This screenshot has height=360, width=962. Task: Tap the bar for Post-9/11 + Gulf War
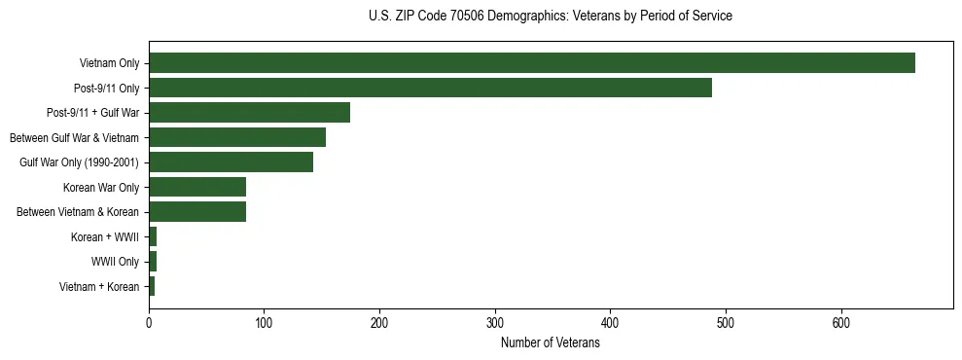[249, 113]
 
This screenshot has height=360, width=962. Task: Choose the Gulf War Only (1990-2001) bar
[231, 162]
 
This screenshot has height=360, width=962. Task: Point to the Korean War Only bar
[197, 187]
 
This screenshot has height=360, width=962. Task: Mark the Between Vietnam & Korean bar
[197, 212]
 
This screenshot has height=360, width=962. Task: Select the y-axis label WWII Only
[115, 262]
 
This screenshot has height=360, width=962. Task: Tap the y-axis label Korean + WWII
[105, 237]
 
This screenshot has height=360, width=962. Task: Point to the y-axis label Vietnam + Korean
[99, 287]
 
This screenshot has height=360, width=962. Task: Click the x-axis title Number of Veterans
[550, 342]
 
